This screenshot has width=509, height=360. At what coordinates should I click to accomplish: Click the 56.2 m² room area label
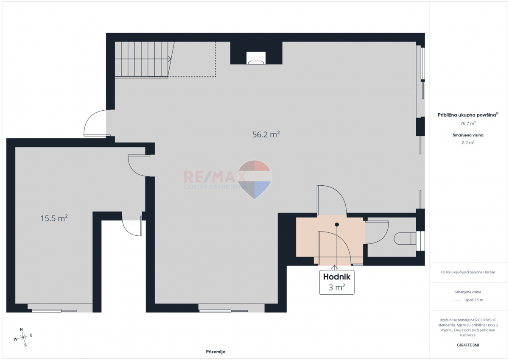(x=266, y=134)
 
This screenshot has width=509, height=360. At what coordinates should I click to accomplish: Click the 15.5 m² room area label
(x=54, y=218)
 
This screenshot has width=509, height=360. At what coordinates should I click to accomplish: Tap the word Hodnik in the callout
(x=337, y=276)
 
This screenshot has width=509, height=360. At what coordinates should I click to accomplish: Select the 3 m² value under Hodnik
(x=337, y=287)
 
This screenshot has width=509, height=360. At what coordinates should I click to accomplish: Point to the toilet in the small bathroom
(x=405, y=238)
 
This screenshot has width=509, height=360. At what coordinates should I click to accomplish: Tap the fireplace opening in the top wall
(x=256, y=58)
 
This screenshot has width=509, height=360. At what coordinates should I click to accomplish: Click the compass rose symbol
(x=23, y=337)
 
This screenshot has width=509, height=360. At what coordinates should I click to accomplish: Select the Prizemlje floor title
(x=215, y=352)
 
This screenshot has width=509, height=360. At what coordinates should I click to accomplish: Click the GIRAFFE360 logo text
(x=468, y=345)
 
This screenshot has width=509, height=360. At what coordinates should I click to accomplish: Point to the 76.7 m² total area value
(x=468, y=123)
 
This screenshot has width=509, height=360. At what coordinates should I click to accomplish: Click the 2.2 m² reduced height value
(x=468, y=142)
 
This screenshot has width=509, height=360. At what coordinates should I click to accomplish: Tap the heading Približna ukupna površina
(x=468, y=115)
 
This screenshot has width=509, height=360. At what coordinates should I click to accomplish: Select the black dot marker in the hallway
(x=337, y=225)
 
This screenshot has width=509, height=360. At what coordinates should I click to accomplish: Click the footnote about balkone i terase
(x=468, y=272)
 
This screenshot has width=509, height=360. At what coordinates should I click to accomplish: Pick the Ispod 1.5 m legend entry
(x=474, y=300)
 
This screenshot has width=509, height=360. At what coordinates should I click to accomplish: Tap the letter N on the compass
(x=21, y=329)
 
